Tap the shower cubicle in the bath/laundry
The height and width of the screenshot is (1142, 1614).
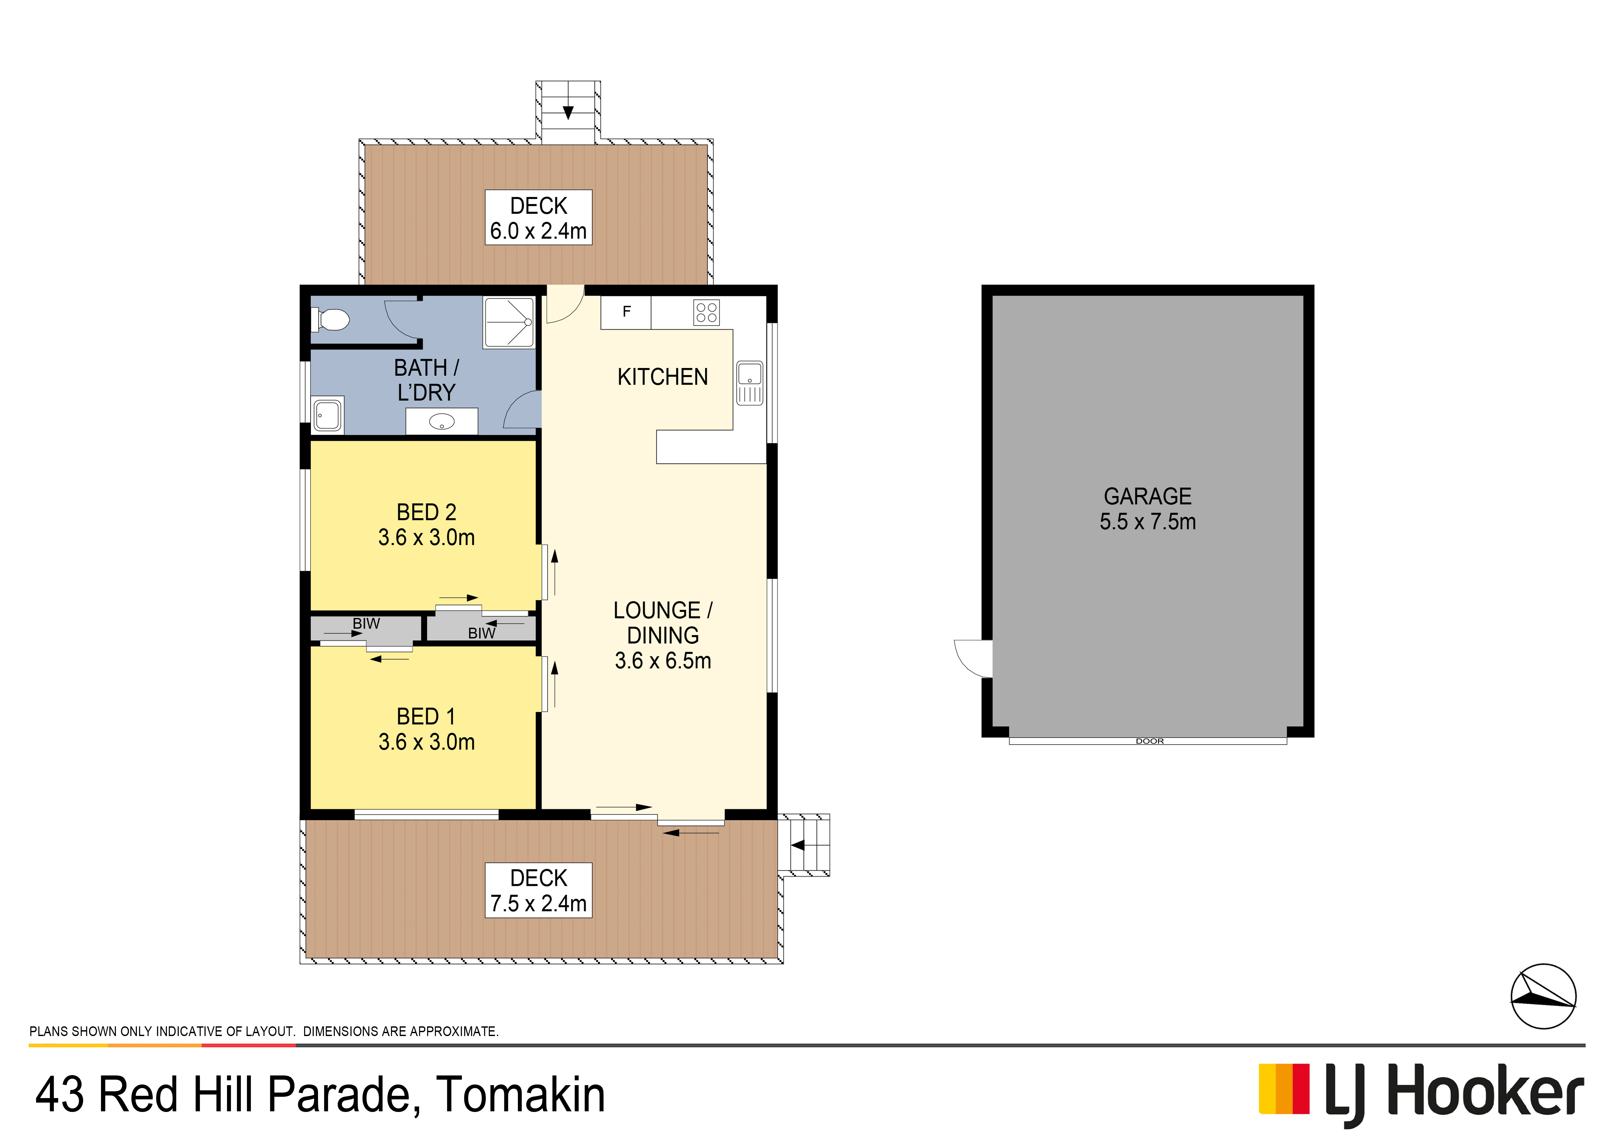click(x=508, y=322)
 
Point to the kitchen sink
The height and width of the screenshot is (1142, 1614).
click(x=749, y=383)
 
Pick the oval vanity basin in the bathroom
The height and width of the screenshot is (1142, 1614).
click(x=441, y=422)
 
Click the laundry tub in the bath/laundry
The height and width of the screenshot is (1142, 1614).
click(x=328, y=415)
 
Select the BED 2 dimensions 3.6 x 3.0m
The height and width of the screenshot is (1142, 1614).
click(x=426, y=537)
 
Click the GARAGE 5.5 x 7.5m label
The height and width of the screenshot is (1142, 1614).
click(x=1147, y=509)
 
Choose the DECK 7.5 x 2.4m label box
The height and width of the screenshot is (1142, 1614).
click(x=539, y=890)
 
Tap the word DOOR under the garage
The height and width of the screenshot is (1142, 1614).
click(x=1149, y=741)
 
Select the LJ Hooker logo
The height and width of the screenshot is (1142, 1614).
click(x=1420, y=1092)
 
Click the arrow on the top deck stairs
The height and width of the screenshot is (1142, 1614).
click(x=568, y=112)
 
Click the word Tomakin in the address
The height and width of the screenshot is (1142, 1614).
click(x=520, y=1095)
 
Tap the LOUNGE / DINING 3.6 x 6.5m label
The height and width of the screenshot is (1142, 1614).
click(x=662, y=635)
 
